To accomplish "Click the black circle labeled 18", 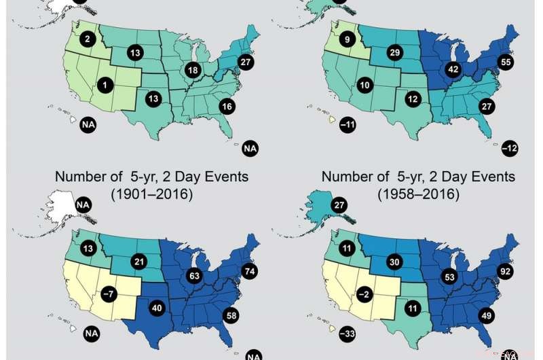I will pyautogui.click(x=193, y=70).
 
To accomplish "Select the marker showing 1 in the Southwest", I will pyautogui.click(x=105, y=85).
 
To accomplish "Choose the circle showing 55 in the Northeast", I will pyautogui.click(x=505, y=61).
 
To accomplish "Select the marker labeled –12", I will pyautogui.click(x=511, y=147).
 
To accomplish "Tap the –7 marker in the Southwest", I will pyautogui.click(x=107, y=294).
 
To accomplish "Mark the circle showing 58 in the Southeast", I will pyautogui.click(x=230, y=315).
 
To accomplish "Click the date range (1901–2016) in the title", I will pyautogui.click(x=151, y=194).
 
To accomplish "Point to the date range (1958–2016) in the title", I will pyautogui.click(x=418, y=194).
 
